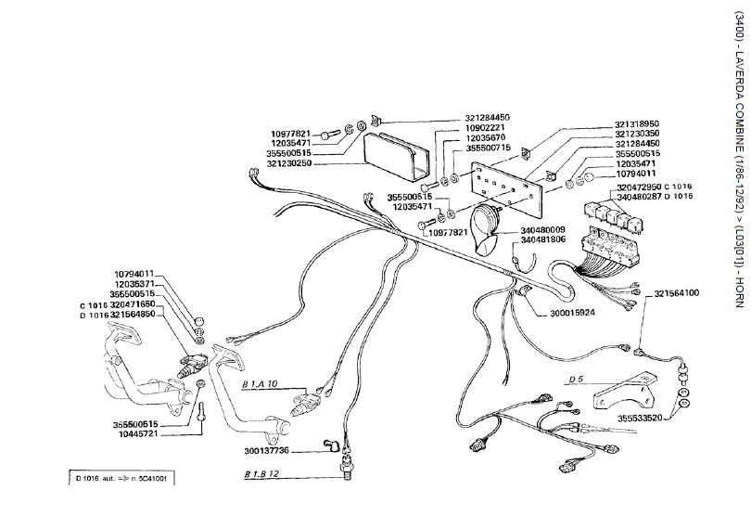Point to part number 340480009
pyautogui.click(x=543, y=229)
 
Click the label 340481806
pyautogui.click(x=543, y=239)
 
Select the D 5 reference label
pyautogui.click(x=576, y=380)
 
